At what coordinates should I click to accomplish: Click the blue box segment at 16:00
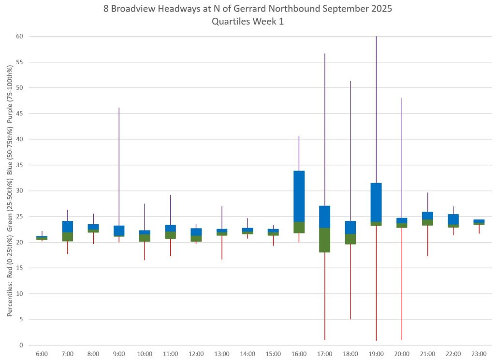tap(299, 196)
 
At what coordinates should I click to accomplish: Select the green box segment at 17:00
tap(325, 240)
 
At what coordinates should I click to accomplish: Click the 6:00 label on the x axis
tap(42, 354)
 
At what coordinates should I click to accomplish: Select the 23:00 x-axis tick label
tap(479, 354)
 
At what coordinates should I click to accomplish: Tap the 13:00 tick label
tap(222, 354)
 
